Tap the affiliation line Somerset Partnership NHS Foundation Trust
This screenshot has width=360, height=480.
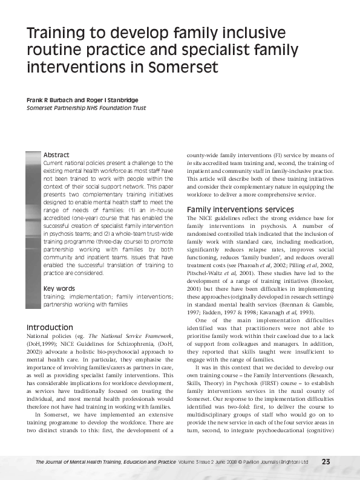coord(86,108)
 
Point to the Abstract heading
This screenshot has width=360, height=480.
coord(56,155)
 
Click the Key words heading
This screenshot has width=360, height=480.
coord(59,288)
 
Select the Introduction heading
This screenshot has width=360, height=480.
coord(50,327)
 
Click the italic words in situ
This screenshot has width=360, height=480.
coord(194,163)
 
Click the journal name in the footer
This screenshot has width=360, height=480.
coord(106,462)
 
